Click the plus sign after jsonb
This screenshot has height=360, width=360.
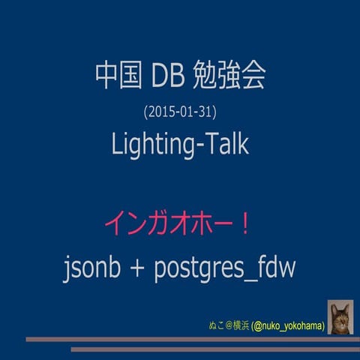(138, 269)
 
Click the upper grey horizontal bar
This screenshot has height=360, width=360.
(187, 340)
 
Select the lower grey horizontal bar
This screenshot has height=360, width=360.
(214, 349)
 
